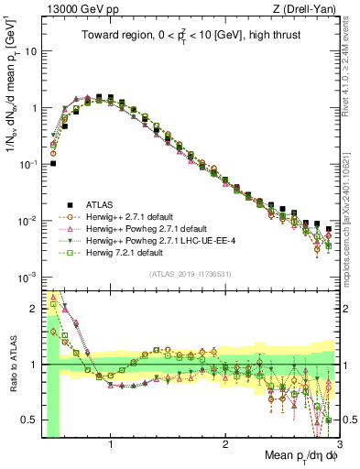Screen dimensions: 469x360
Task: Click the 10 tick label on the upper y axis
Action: click(33, 51)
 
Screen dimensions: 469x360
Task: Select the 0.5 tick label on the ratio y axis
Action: click(33, 420)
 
